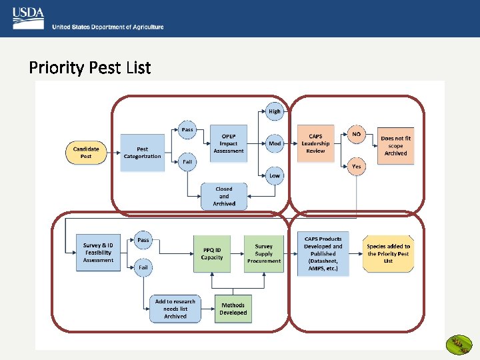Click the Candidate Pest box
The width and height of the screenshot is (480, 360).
86,153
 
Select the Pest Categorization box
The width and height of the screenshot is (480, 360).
142,153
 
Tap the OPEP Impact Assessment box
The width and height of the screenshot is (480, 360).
229,143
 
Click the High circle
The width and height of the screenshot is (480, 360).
275,111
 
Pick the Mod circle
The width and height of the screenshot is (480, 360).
275,143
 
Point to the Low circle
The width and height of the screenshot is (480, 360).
275,176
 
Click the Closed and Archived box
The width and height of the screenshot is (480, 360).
224,197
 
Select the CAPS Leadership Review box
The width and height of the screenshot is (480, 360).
315,143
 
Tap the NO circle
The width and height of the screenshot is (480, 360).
357,134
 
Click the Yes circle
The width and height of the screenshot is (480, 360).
357,167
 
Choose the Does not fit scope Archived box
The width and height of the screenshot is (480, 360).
395,146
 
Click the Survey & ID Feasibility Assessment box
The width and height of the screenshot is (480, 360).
98,253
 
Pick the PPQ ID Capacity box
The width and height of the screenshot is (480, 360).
212,253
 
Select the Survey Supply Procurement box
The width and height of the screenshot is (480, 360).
263,253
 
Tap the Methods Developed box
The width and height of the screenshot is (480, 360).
233,309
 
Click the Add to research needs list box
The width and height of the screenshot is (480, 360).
175,309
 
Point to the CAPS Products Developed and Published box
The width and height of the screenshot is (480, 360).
323,253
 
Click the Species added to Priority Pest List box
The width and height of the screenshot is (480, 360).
389,253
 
